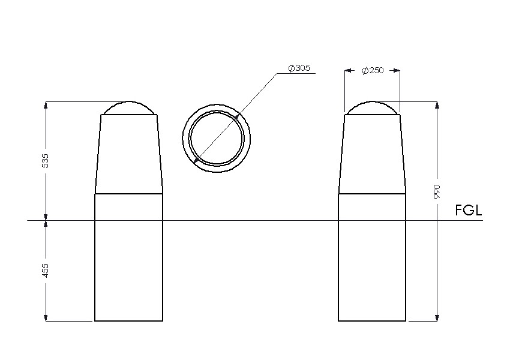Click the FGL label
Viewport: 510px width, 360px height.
[x=469, y=211]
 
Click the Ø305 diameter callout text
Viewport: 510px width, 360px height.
[x=299, y=68]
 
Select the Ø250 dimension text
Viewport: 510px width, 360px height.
[x=373, y=70]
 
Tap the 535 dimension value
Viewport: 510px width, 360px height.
[x=46, y=161]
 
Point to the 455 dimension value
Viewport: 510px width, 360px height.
[x=46, y=271]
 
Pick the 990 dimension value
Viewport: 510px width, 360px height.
[x=437, y=191]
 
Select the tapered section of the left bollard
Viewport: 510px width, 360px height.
[x=129, y=154]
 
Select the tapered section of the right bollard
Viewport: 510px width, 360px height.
[x=372, y=154]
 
